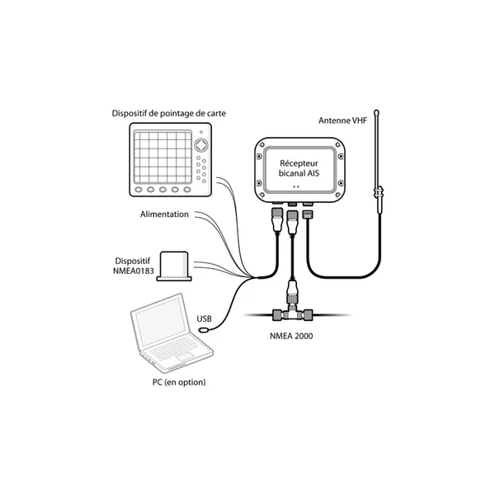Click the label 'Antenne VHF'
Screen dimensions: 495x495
pyautogui.click(x=342, y=120)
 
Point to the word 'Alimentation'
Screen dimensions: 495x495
pyautogui.click(x=164, y=214)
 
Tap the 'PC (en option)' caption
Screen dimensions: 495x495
pyautogui.click(x=174, y=382)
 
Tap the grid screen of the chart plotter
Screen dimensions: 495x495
pyautogui.click(x=161, y=157)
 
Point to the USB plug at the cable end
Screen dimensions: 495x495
pyautogui.click(x=205, y=332)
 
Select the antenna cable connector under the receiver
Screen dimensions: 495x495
pyautogui.click(x=308, y=214)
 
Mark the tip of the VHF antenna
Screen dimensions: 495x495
pyautogui.click(x=376, y=109)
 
